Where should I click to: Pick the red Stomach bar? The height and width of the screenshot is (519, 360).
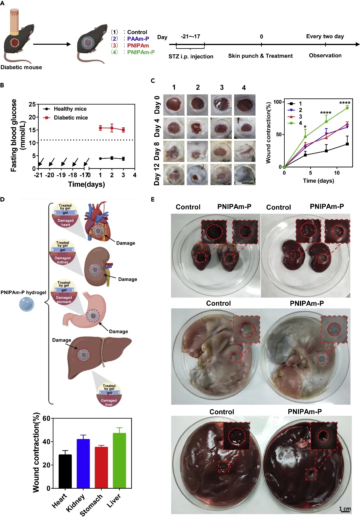coord(101,467)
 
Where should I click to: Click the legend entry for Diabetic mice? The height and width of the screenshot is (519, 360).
coord(71,118)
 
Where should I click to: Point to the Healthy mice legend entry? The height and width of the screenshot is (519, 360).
coord(70,109)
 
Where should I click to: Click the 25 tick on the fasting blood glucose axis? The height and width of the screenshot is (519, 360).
coord(32,104)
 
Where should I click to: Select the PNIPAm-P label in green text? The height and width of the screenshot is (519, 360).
coord(141,52)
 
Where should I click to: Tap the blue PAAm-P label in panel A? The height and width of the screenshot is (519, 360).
coord(138,39)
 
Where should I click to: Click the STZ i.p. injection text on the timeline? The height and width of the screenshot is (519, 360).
coord(191,56)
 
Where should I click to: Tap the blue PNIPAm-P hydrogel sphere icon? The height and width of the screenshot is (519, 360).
coord(27,304)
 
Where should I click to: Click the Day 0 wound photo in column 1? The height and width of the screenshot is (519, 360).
coord(174,105)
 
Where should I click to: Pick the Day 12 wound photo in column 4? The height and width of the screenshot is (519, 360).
coord(245,174)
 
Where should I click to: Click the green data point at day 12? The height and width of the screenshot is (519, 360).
coord(347,108)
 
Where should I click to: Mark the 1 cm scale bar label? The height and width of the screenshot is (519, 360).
coord(345,509)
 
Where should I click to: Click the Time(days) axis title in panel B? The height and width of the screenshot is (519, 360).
coord(86,184)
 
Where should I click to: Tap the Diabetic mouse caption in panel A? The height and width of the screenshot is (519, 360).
coord(21,67)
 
